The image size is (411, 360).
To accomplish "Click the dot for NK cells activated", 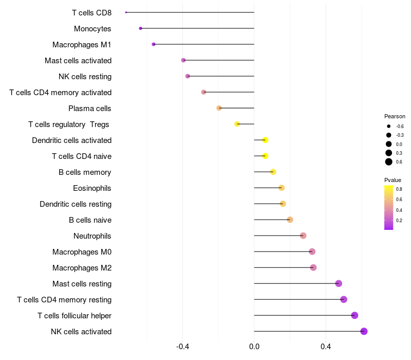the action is point(364,331).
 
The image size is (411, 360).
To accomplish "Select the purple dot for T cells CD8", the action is point(126,12).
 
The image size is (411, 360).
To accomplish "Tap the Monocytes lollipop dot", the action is point(140,28).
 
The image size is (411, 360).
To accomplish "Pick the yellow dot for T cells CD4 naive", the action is point(265,156).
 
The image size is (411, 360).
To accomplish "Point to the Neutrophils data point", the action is point(303,236).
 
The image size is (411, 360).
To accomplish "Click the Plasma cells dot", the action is point(219,108).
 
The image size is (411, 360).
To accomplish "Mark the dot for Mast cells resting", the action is point(339,283).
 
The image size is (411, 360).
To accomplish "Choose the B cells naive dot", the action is point(290,220).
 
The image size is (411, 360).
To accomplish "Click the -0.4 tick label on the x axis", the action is point(183,347).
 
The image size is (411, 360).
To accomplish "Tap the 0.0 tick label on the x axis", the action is point(254,347).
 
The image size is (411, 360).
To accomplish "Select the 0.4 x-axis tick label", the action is point(326,347).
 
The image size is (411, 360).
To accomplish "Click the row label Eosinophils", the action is point(92,188).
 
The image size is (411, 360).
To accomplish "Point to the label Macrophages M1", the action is point(82,45).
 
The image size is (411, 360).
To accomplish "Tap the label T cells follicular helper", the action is point(74,316).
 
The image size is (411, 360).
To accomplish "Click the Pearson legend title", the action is point(395,116).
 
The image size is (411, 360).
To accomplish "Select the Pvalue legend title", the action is point(393,180).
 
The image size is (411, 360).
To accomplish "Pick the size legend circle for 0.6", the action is point(389,162).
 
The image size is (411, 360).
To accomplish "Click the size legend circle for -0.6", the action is point(389,126).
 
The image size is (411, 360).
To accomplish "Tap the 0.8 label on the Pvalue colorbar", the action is point(399,189).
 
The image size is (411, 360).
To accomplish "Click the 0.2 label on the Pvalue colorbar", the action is point(399,221).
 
